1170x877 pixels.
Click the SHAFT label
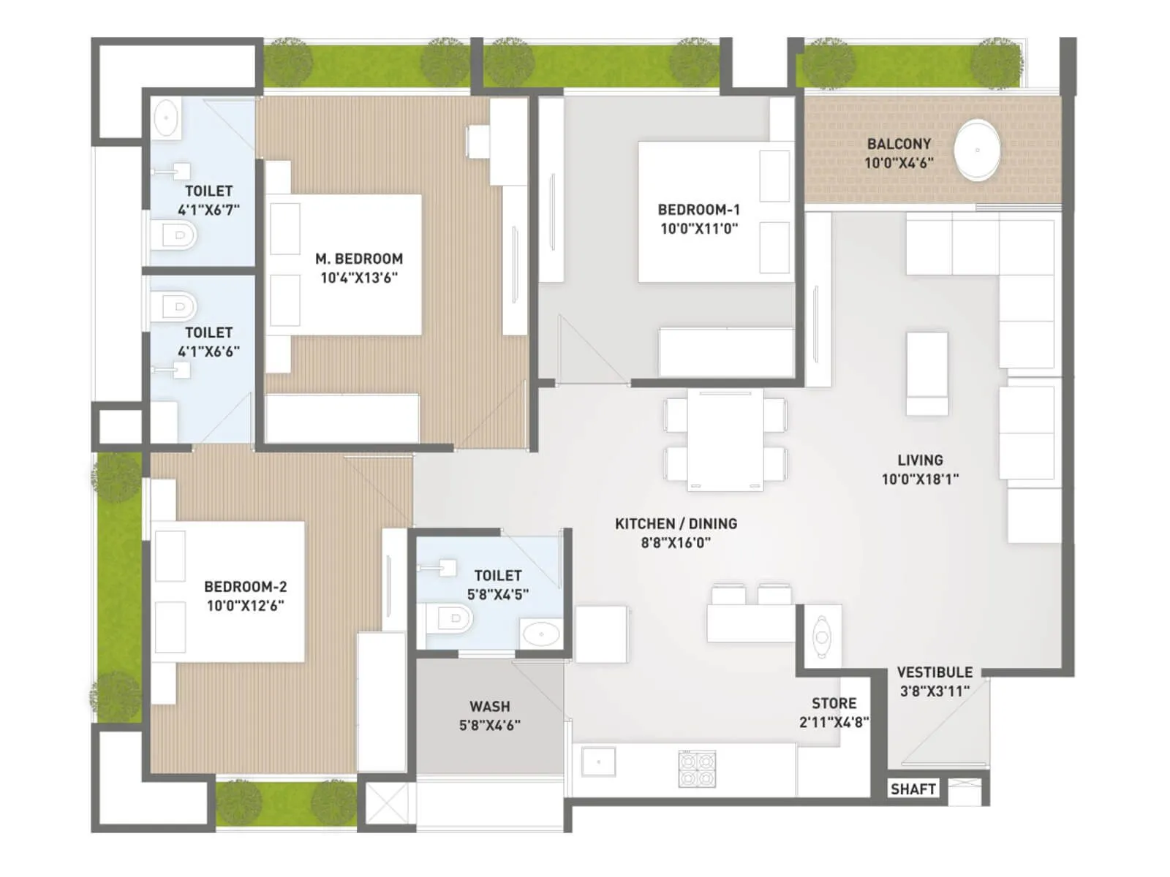[913, 789]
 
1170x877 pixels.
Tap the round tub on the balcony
[978, 151]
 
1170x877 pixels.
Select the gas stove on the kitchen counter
[696, 770]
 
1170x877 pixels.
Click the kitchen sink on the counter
[598, 762]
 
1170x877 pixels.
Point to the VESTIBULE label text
[935, 672]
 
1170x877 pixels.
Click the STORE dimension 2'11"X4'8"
[834, 722]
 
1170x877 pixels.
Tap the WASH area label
[489, 707]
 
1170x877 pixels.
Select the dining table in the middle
[725, 440]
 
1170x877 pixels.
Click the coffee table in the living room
[926, 373]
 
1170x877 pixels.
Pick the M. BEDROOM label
[359, 259]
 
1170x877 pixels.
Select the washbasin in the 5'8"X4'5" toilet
[540, 634]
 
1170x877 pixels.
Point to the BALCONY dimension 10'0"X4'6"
[899, 163]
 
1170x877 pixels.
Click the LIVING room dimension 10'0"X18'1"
[920, 479]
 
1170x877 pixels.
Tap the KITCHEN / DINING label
[676, 524]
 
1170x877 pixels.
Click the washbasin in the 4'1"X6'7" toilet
[167, 118]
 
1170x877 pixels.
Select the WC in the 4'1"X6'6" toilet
[176, 305]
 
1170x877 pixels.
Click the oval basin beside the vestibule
[821, 637]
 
